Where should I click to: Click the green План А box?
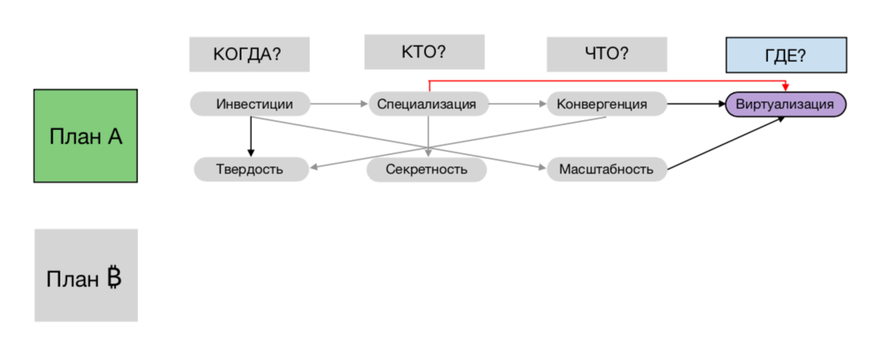pyautogui.click(x=86, y=136)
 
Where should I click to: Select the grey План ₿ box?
pyautogui.click(x=86, y=275)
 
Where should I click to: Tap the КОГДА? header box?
pyautogui.click(x=249, y=55)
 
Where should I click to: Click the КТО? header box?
pyautogui.click(x=424, y=52)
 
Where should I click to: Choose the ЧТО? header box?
pyautogui.click(x=607, y=55)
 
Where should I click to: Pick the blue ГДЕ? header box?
pyautogui.click(x=785, y=55)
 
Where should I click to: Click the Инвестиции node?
pyautogui.click(x=250, y=104)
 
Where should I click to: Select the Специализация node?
pyautogui.click(x=428, y=104)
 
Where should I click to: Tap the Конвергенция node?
pyautogui.click(x=607, y=104)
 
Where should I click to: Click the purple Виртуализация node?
pyautogui.click(x=785, y=104)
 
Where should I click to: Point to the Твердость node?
pyautogui.click(x=250, y=169)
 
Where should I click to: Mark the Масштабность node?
pyautogui.click(x=607, y=169)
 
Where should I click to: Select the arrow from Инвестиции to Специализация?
pyautogui.click(x=339, y=104)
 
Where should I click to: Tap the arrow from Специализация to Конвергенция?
pyautogui.click(x=517, y=104)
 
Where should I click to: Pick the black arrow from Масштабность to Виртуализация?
pyautogui.click(x=726, y=143)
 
